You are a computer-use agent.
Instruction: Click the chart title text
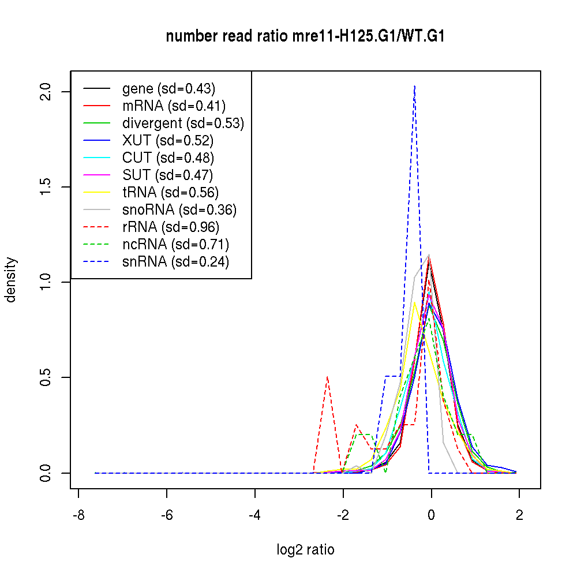coord(305,36)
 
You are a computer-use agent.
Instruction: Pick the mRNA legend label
coord(174,106)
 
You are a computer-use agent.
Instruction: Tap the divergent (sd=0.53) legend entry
coord(183,123)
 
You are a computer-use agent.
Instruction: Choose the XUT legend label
coord(168,141)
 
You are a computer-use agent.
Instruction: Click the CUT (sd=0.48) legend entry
coord(168,158)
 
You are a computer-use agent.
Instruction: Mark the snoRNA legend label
coord(179,210)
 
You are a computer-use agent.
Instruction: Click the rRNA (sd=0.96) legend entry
coord(171,227)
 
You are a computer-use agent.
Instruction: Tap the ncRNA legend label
coord(176,245)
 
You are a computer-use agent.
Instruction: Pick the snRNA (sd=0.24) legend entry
coord(176,262)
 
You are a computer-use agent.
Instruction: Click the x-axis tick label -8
coord(78,515)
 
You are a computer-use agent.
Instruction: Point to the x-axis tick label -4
coord(255,515)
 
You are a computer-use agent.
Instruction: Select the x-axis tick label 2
coord(519,515)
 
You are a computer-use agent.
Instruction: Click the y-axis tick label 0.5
coord(47,377)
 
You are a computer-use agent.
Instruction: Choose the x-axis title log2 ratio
coord(305,550)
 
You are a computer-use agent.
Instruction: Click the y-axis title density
coord(11,280)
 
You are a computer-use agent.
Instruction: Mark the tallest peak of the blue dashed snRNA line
coord(414,86)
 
